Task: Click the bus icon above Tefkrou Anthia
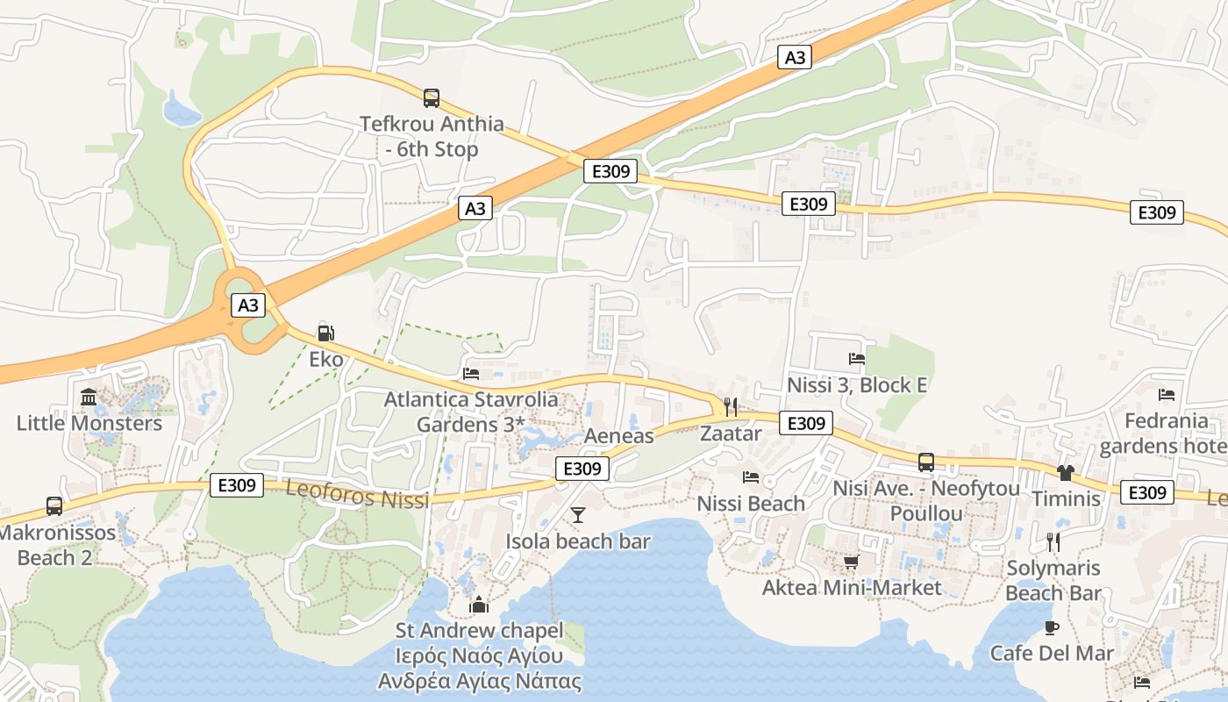coord(432,98)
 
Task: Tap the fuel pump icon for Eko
coord(325,333)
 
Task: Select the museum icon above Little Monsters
coord(89,398)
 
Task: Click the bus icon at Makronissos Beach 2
coord(54,506)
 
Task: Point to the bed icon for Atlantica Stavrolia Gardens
coord(471,373)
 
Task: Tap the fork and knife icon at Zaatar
coord(730,406)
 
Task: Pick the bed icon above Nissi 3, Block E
coord(857,358)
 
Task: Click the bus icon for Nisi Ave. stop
coord(926,462)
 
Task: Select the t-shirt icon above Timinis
coord(1066,473)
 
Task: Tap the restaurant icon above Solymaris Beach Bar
coord(1053,541)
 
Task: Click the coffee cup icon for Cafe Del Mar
coord(1052,627)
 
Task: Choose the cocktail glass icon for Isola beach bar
coord(578,515)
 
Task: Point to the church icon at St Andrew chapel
coord(479,605)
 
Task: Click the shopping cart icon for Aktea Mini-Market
coord(851,562)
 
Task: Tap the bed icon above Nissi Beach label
coord(751,477)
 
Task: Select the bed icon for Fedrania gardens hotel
coord(1167,395)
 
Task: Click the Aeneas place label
coord(619,436)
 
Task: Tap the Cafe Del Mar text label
coord(1052,654)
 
